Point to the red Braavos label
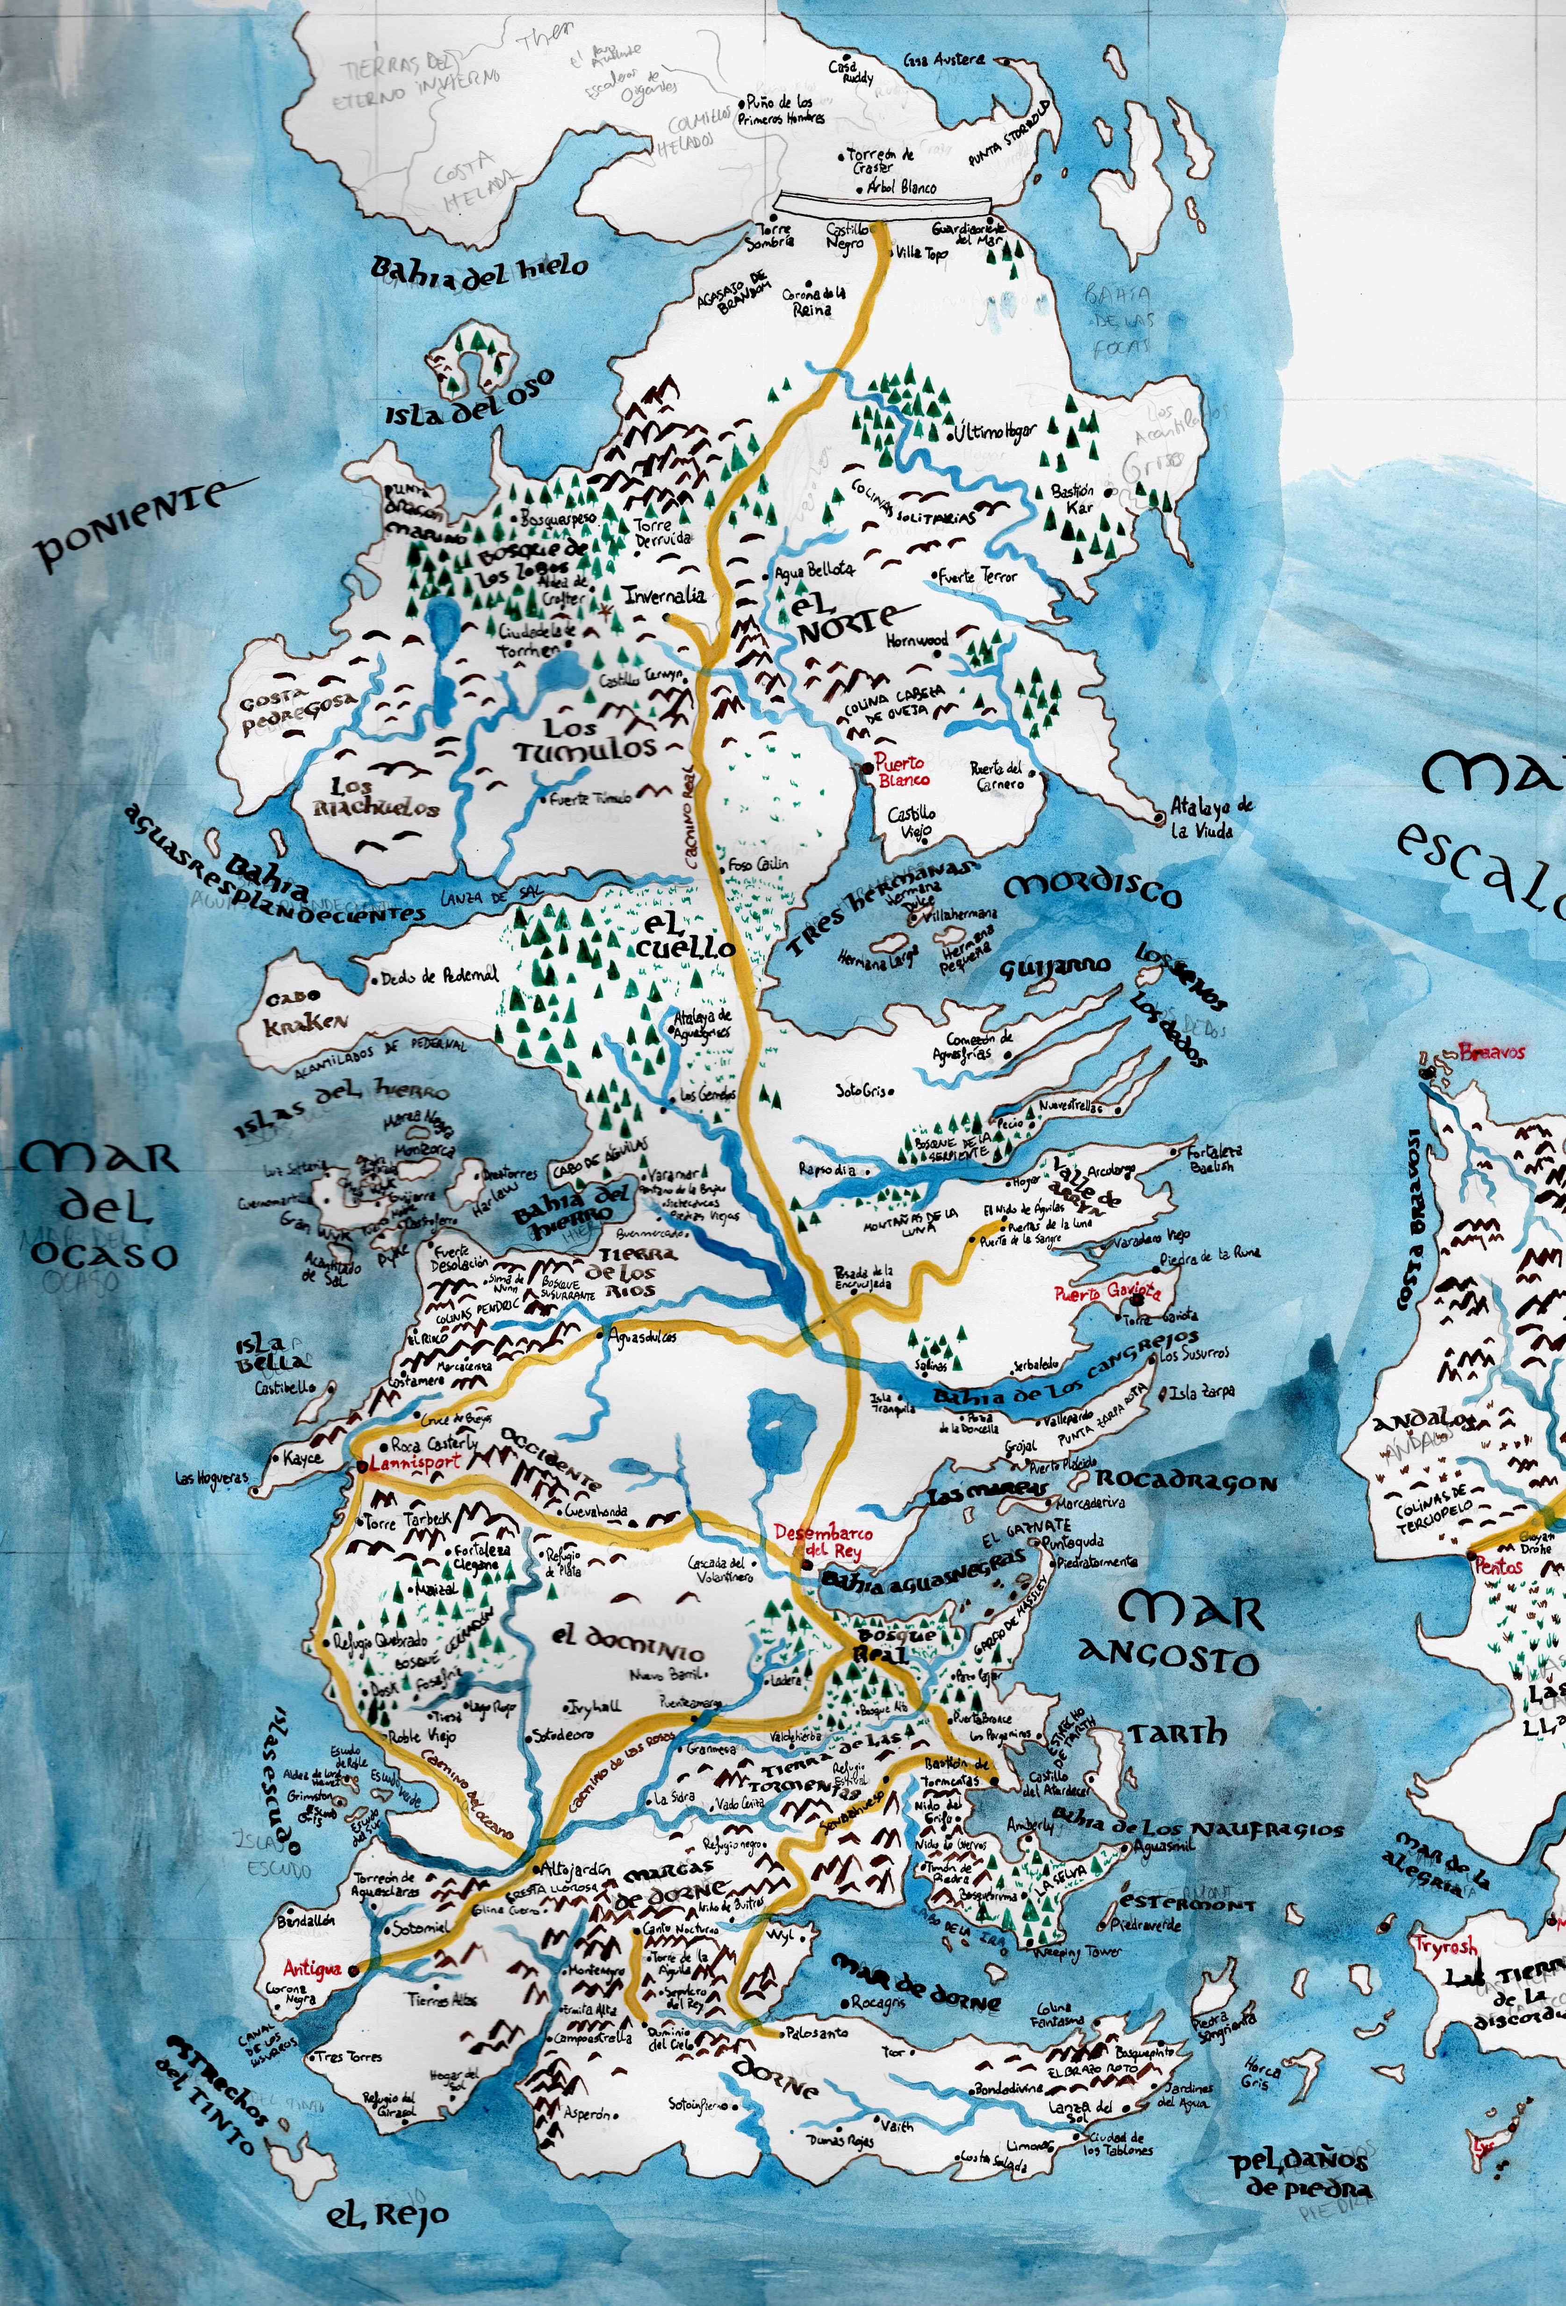pos(1492,1052)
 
